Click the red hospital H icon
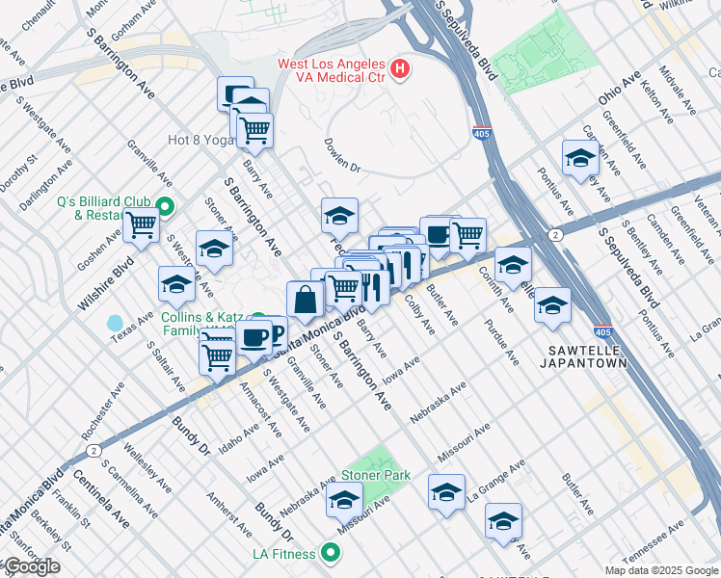[x=400, y=69]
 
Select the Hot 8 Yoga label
[x=200, y=140]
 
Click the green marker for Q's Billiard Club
[x=164, y=206]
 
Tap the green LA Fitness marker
[x=331, y=553]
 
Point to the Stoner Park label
[x=376, y=475]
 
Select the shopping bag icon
[x=306, y=299]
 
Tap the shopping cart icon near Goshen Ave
[x=141, y=225]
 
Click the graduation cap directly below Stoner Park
[x=344, y=501]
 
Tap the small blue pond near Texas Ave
[x=116, y=323]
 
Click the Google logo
[x=32, y=566]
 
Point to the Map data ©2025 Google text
[x=661, y=570]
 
